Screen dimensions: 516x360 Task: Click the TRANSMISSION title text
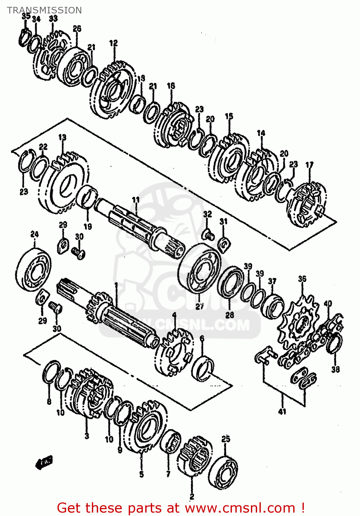[x=44, y=10]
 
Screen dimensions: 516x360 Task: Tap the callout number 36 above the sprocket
[x=302, y=279]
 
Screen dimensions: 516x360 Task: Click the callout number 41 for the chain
[x=282, y=411]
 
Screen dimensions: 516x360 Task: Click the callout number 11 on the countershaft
[x=136, y=200]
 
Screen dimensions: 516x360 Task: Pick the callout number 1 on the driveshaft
[x=116, y=285]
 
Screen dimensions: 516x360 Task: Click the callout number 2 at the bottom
[x=192, y=496]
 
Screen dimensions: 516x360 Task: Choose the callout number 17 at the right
[x=309, y=165]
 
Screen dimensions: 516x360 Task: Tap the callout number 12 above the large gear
[x=114, y=43]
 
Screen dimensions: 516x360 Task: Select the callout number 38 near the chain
[x=336, y=369]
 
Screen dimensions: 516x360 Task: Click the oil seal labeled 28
[x=230, y=282]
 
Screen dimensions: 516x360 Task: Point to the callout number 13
[x=62, y=138]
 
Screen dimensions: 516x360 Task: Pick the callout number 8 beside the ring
[x=49, y=401]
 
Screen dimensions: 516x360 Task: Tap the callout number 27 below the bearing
[x=200, y=306]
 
